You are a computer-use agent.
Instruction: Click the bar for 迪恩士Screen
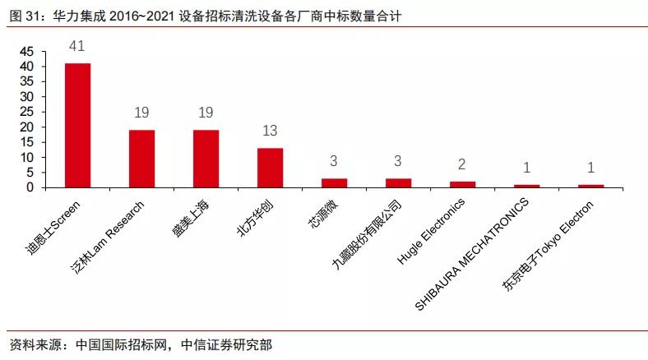pos(77,125)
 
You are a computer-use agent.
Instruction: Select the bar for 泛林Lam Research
pos(141,159)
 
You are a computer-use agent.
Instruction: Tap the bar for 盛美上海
pos(206,159)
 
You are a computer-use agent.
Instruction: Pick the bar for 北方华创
pos(270,168)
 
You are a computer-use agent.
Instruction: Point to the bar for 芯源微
pos(334,182)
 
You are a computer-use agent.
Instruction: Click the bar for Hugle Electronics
pos(462,184)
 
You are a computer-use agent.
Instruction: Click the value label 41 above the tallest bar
pos(77,47)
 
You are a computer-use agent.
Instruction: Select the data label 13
pos(270,132)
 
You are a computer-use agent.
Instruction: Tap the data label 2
pos(462,165)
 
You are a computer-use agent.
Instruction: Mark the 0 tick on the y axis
pos(30,187)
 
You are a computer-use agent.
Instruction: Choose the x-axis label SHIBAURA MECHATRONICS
pos(478,256)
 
